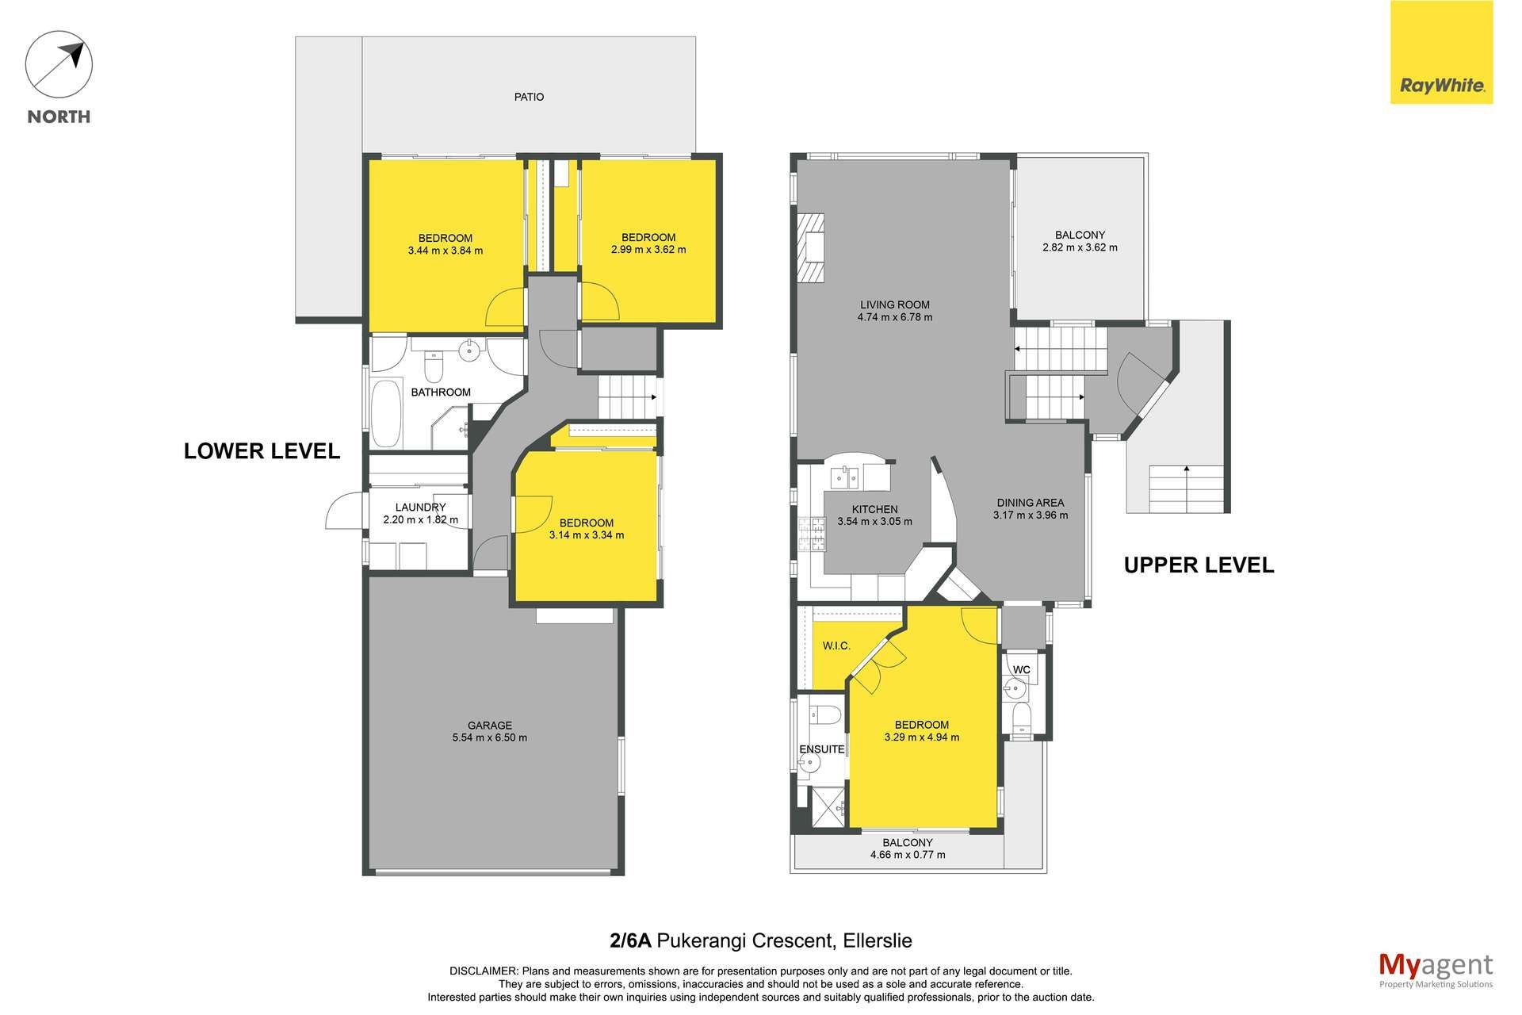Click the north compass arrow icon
pyautogui.click(x=59, y=65)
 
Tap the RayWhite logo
pyautogui.click(x=1442, y=52)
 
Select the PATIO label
pyautogui.click(x=529, y=97)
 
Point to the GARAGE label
pyautogui.click(x=489, y=726)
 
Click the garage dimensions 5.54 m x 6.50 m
pyautogui.click(x=489, y=737)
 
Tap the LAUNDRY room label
pyautogui.click(x=420, y=507)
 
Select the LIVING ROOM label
pyautogui.click(x=895, y=304)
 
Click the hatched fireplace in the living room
pyautogui.click(x=810, y=248)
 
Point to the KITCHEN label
pyautogui.click(x=875, y=510)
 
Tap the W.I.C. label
pyautogui.click(x=836, y=646)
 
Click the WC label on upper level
pyautogui.click(x=1022, y=670)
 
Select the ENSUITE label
pyautogui.click(x=822, y=749)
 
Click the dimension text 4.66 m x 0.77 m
pyautogui.click(x=908, y=855)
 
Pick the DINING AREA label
pyautogui.click(x=1031, y=503)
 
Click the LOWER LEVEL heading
pyautogui.click(x=262, y=451)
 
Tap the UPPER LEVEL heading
pyautogui.click(x=1199, y=565)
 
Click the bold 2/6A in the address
pyautogui.click(x=630, y=941)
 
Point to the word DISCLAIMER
pyautogui.click(x=484, y=971)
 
